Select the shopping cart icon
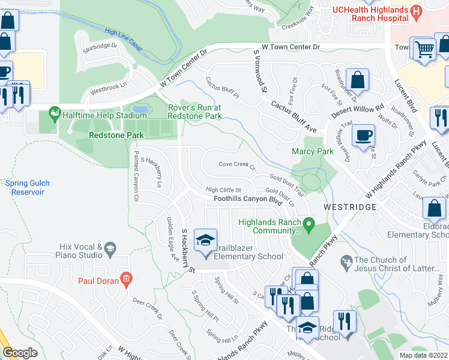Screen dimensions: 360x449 424,49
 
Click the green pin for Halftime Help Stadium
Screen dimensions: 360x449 55,113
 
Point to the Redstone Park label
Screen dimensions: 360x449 116,136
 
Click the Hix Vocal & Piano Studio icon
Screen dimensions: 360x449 110,248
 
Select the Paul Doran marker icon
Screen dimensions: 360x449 125,278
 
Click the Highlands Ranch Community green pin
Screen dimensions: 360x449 309,226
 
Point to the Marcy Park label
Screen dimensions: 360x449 312,152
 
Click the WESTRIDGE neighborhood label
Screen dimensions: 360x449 350,206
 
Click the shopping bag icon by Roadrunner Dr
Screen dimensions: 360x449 357,80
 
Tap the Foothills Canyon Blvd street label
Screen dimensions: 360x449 248,199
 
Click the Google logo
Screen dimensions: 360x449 20,353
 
